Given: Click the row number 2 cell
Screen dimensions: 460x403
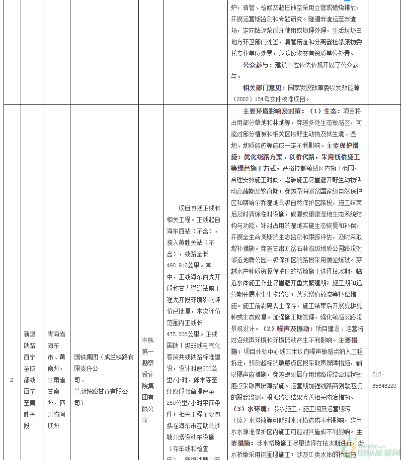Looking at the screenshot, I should (x=11, y=379).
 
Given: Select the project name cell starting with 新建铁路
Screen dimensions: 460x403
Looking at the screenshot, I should (x=30, y=379).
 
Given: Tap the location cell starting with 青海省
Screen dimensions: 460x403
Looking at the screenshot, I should (x=56, y=379).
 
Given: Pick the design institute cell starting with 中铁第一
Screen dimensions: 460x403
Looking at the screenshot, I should (x=149, y=379).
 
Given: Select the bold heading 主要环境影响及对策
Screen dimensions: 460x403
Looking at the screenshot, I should (x=272, y=111).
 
